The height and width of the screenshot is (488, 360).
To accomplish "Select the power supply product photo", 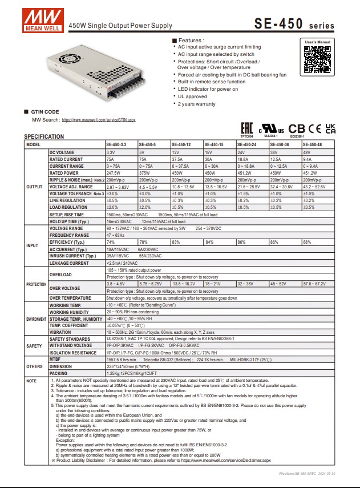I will click(94, 71).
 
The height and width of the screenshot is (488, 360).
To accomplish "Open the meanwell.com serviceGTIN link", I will click(99, 120).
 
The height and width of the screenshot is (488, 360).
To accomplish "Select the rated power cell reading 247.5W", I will click(114, 173).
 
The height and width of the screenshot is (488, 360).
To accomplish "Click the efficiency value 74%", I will click(111, 243).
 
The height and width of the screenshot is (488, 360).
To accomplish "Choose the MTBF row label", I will click(55, 359).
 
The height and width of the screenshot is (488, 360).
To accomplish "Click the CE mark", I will click(314, 128).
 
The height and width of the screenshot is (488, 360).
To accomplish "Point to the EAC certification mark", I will click(246, 128).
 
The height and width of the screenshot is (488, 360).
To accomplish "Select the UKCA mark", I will click(330, 128).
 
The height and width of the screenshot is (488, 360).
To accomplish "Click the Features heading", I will click(191, 41).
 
